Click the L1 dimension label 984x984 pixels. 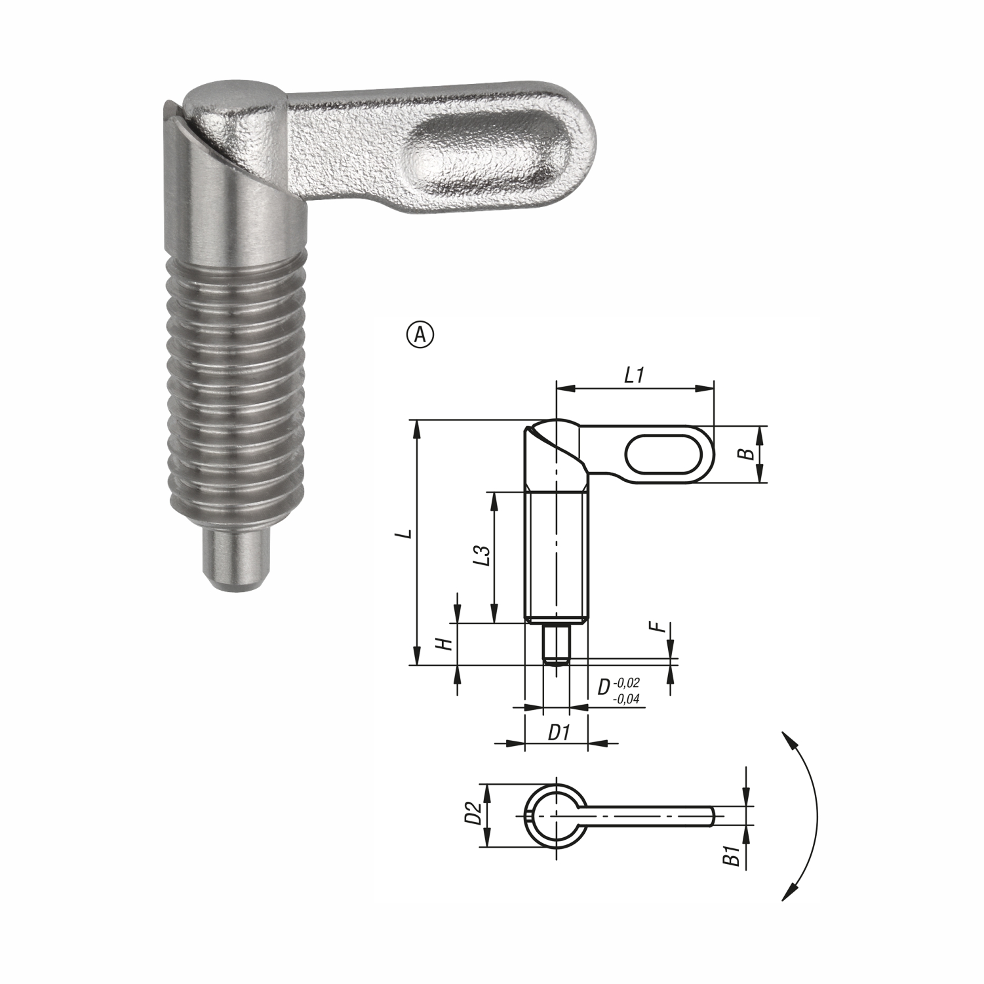coord(635,375)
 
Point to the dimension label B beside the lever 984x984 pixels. coord(743,454)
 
